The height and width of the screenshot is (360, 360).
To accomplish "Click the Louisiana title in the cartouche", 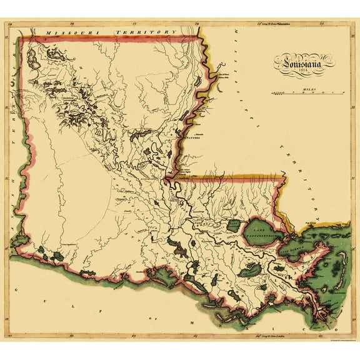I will (x=301, y=62).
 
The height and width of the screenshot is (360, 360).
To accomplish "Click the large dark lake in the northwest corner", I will (x=50, y=63).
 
